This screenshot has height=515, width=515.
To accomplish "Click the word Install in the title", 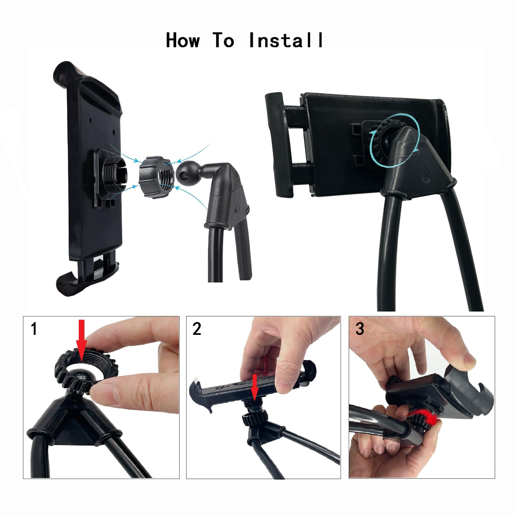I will [x=286, y=40].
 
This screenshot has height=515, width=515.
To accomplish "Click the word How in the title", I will [x=183, y=40].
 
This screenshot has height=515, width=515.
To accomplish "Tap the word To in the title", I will [x=223, y=40].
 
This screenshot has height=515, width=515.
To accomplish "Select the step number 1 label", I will [x=34, y=329].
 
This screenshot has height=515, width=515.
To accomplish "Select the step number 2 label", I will [x=197, y=329].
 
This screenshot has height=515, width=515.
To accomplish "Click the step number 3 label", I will [x=360, y=329].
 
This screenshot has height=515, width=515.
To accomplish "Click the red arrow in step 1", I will [x=81, y=339].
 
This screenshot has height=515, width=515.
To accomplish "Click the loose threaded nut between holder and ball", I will [x=156, y=177].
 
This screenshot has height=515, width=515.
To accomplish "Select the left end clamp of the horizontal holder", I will [x=278, y=145].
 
